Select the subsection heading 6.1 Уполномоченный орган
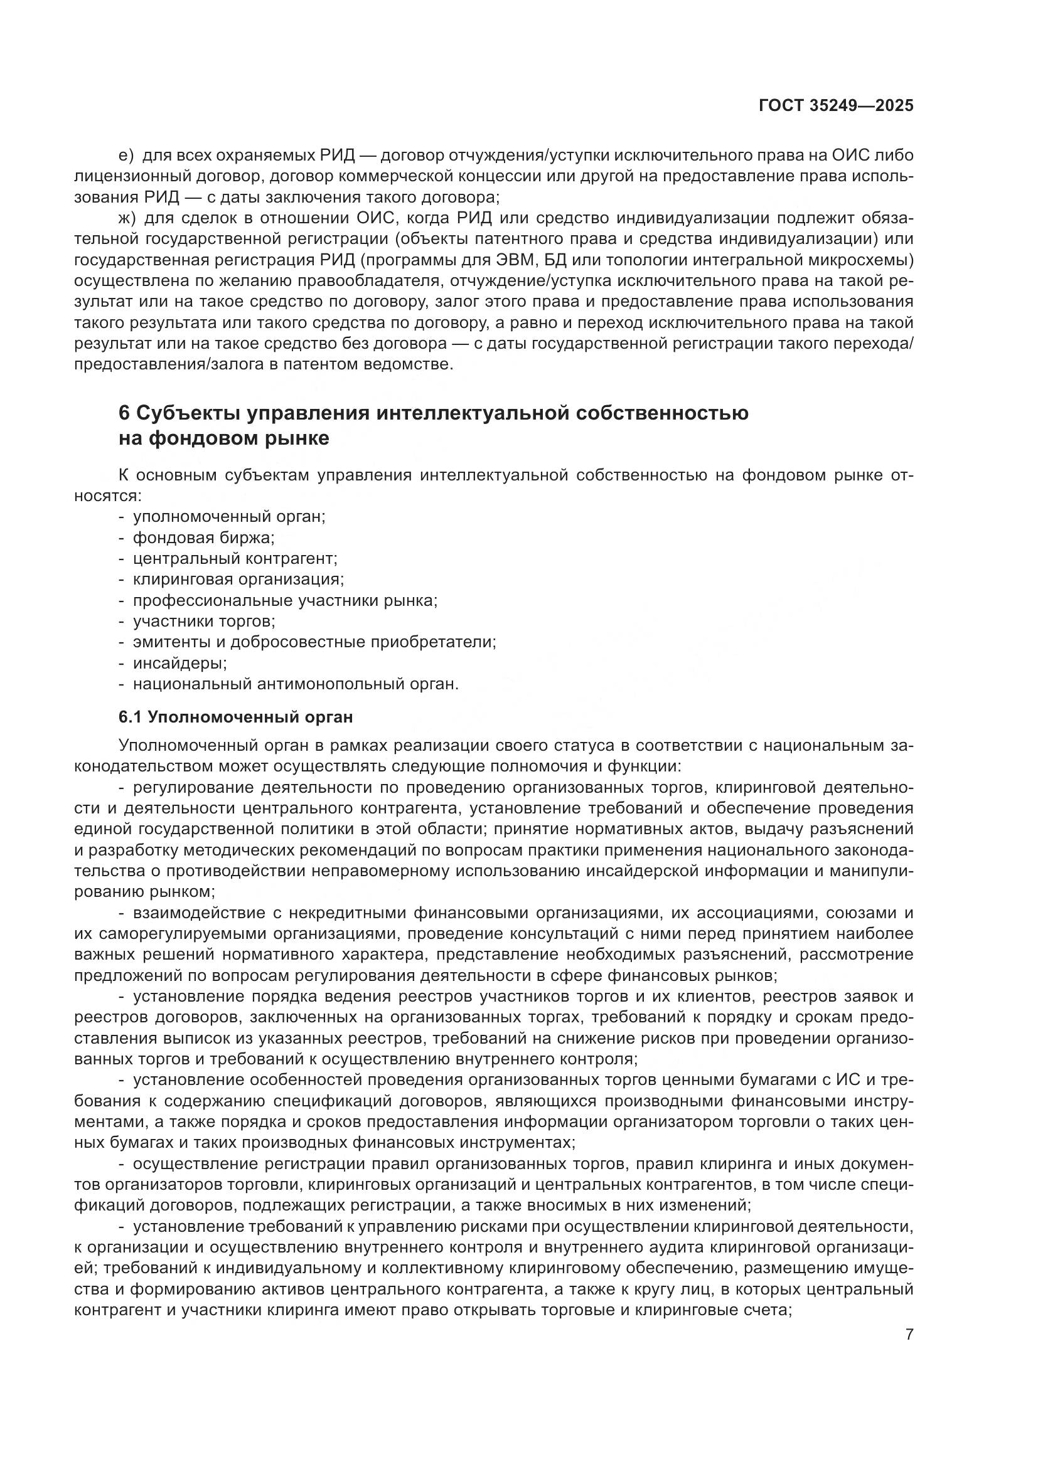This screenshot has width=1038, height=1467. pos(235,717)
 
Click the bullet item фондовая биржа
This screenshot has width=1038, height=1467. pos(203,538)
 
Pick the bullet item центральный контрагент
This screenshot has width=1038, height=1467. pos(235,558)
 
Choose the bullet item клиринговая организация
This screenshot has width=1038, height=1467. pos(238,580)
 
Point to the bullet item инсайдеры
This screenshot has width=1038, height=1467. pos(179,663)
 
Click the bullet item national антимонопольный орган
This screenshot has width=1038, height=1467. pos(296,684)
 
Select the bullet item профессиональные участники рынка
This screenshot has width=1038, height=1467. pos(284,601)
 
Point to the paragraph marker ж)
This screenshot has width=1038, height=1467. pos(127,218)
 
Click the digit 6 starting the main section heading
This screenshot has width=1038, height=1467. pos(124,413)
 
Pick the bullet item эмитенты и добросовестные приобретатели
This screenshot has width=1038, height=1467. pos(314,642)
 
